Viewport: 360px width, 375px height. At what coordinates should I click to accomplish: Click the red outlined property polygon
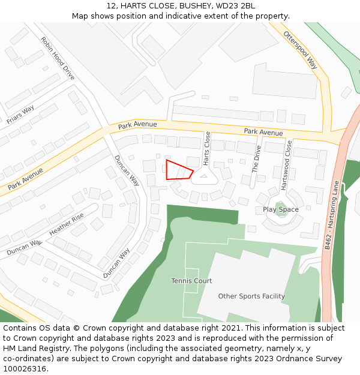(x=178, y=171)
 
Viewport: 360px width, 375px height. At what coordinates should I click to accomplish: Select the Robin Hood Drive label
(x=58, y=58)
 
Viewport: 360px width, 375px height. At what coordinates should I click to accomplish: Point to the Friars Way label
(x=20, y=114)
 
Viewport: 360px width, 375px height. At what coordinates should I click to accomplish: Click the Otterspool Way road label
(x=300, y=50)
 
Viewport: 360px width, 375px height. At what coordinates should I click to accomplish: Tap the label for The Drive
(x=257, y=159)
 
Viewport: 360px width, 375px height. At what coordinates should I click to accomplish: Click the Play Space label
(x=280, y=209)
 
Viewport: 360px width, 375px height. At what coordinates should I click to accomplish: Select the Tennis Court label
(x=191, y=281)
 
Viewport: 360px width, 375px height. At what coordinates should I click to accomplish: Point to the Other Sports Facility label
(x=251, y=296)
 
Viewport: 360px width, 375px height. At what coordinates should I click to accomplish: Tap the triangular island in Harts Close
(x=204, y=177)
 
